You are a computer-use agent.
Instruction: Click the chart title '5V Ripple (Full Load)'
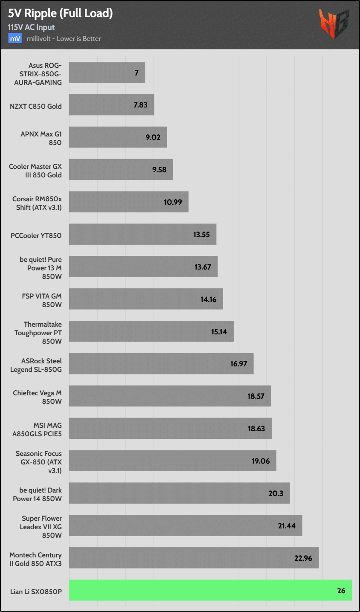(60, 13)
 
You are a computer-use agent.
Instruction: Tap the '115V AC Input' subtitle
(31, 27)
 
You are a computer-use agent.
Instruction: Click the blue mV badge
(15, 38)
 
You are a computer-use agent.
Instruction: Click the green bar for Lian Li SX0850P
(210, 590)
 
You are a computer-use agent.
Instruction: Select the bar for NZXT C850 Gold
(111, 105)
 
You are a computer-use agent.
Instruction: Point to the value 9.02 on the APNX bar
(153, 137)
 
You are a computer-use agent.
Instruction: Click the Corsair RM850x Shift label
(37, 203)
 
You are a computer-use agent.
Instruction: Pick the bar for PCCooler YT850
(142, 234)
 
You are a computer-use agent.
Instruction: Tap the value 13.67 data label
(203, 267)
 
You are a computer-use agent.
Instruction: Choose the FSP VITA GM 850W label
(42, 300)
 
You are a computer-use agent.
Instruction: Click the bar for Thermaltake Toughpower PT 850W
(151, 331)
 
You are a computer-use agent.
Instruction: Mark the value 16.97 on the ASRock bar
(238, 364)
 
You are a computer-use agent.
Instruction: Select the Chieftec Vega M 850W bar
(170, 396)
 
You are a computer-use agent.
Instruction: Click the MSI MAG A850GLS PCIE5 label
(37, 429)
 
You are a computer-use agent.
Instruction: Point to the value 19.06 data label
(261, 461)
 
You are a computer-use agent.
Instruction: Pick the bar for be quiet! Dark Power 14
(179, 493)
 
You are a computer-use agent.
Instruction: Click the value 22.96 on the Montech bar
(303, 558)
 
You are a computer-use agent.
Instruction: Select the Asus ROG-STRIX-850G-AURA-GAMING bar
(107, 73)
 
